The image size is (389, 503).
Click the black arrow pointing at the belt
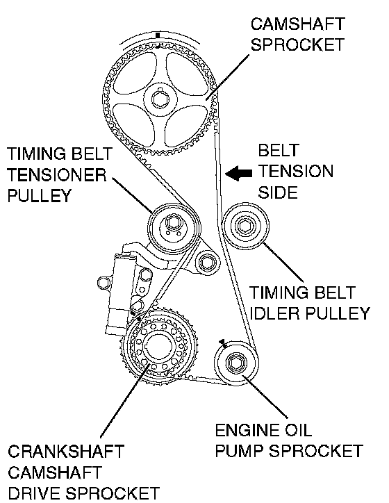coord(238,173)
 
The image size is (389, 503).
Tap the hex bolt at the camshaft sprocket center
coord(159,99)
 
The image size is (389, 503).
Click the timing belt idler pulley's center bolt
coord(245,226)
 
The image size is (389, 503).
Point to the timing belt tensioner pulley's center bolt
coord(173,223)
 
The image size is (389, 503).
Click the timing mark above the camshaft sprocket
coord(158,35)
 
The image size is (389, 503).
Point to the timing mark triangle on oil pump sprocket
coord(222,343)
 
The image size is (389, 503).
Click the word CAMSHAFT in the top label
coord(297,24)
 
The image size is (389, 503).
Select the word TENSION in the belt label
coord(296,172)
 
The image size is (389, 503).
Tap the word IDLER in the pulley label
coord(274,313)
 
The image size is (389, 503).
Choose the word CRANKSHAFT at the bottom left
coord(66,452)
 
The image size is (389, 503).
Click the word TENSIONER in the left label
coord(56,175)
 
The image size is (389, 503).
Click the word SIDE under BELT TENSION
coord(278,192)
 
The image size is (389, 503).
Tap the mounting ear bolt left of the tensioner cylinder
coord(103,283)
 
